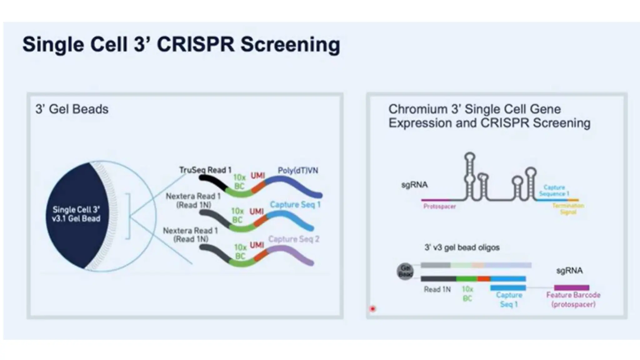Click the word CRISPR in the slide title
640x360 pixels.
tap(195, 44)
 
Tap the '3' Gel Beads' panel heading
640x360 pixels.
tap(72, 109)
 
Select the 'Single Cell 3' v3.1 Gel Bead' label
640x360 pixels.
tap(76, 214)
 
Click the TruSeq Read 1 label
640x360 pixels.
tap(205, 170)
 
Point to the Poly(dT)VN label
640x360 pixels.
tap(298, 170)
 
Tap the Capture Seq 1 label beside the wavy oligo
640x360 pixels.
tap(295, 205)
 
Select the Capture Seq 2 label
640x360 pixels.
tap(293, 239)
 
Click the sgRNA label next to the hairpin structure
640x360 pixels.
tap(414, 185)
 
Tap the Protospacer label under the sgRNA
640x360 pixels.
tap(439, 206)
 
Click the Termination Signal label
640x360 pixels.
tap(568, 209)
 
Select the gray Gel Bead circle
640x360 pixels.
tap(405, 271)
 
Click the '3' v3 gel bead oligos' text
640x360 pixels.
tap(462, 247)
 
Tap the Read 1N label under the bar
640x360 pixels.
tap(437, 289)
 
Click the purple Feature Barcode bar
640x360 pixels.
tap(572, 287)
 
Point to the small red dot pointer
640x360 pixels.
tap(372, 309)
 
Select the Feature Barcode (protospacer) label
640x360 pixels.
tap(573, 299)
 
